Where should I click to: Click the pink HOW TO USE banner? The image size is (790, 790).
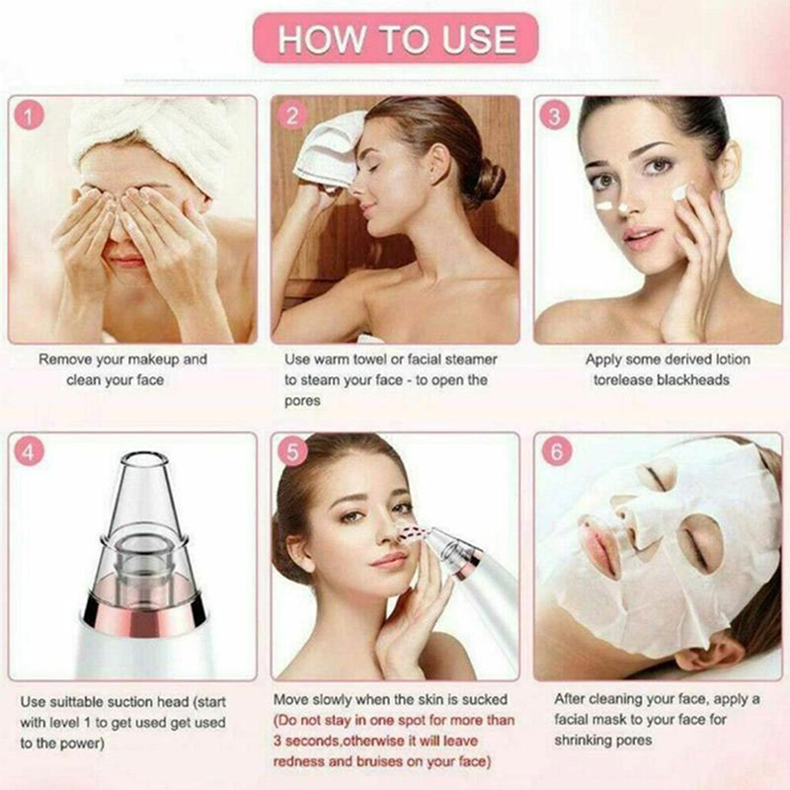[396, 39]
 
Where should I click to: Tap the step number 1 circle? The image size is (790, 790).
[29, 115]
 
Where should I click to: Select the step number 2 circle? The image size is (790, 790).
[292, 115]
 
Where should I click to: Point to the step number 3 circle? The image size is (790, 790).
[555, 115]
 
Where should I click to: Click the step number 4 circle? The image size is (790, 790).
[29, 451]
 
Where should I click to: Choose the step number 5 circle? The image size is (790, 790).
[292, 451]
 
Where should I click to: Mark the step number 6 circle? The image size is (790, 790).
[556, 451]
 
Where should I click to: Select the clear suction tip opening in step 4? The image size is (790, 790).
[144, 458]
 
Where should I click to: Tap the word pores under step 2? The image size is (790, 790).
[302, 402]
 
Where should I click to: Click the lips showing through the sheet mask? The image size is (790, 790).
[599, 550]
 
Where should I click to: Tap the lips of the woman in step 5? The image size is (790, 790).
[388, 560]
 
